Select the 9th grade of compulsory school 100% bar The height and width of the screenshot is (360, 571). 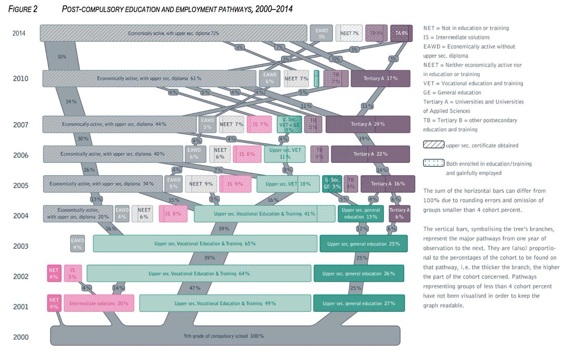[x=223, y=336]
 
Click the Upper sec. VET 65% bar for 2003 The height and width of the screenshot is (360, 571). [x=205, y=244]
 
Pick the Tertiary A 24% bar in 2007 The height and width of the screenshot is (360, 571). [x=368, y=124]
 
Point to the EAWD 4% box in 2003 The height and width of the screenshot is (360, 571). [x=78, y=244]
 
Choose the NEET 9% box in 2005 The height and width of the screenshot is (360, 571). [x=201, y=184]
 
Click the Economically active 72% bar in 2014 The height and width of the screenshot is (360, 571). [x=173, y=33]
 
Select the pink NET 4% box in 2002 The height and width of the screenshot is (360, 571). [x=54, y=274]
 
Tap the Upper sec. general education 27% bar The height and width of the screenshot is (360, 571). [x=359, y=303]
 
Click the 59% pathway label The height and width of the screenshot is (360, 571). [x=210, y=258]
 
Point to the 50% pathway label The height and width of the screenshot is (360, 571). [x=62, y=57]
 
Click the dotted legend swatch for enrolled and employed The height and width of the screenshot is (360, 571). [x=433, y=163]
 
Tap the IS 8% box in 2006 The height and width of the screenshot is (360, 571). [x=247, y=154]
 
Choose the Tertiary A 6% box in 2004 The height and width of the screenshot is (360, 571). [x=399, y=213]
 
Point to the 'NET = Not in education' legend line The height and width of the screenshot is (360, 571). [x=466, y=28]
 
